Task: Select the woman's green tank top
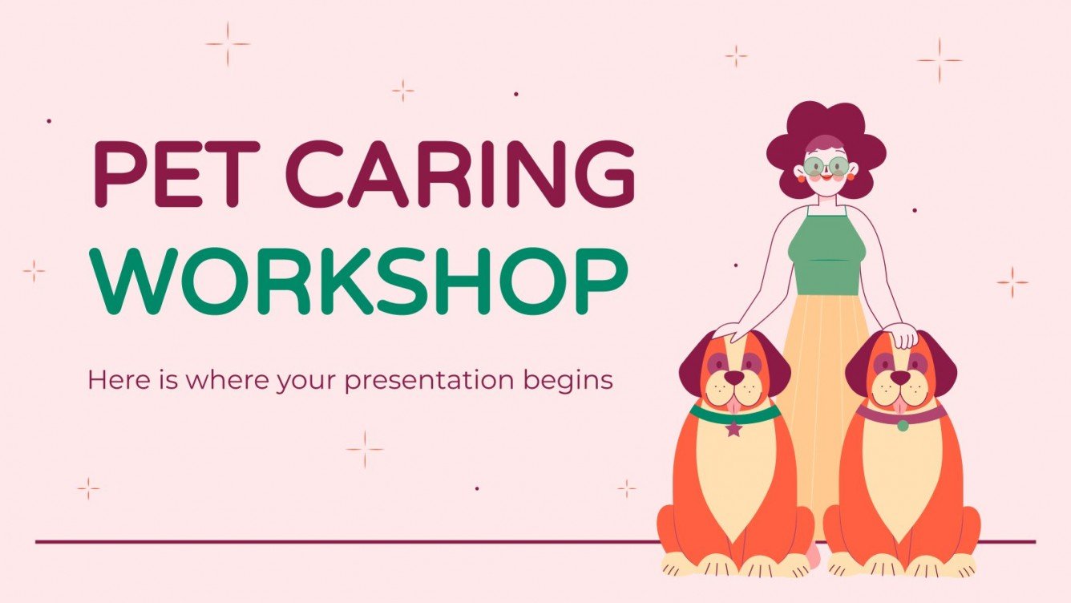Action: tap(826, 253)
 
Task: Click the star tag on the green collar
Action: tap(734, 429)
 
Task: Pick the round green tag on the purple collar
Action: tap(903, 425)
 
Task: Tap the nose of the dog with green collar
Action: tap(734, 378)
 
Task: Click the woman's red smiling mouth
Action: tap(826, 181)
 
